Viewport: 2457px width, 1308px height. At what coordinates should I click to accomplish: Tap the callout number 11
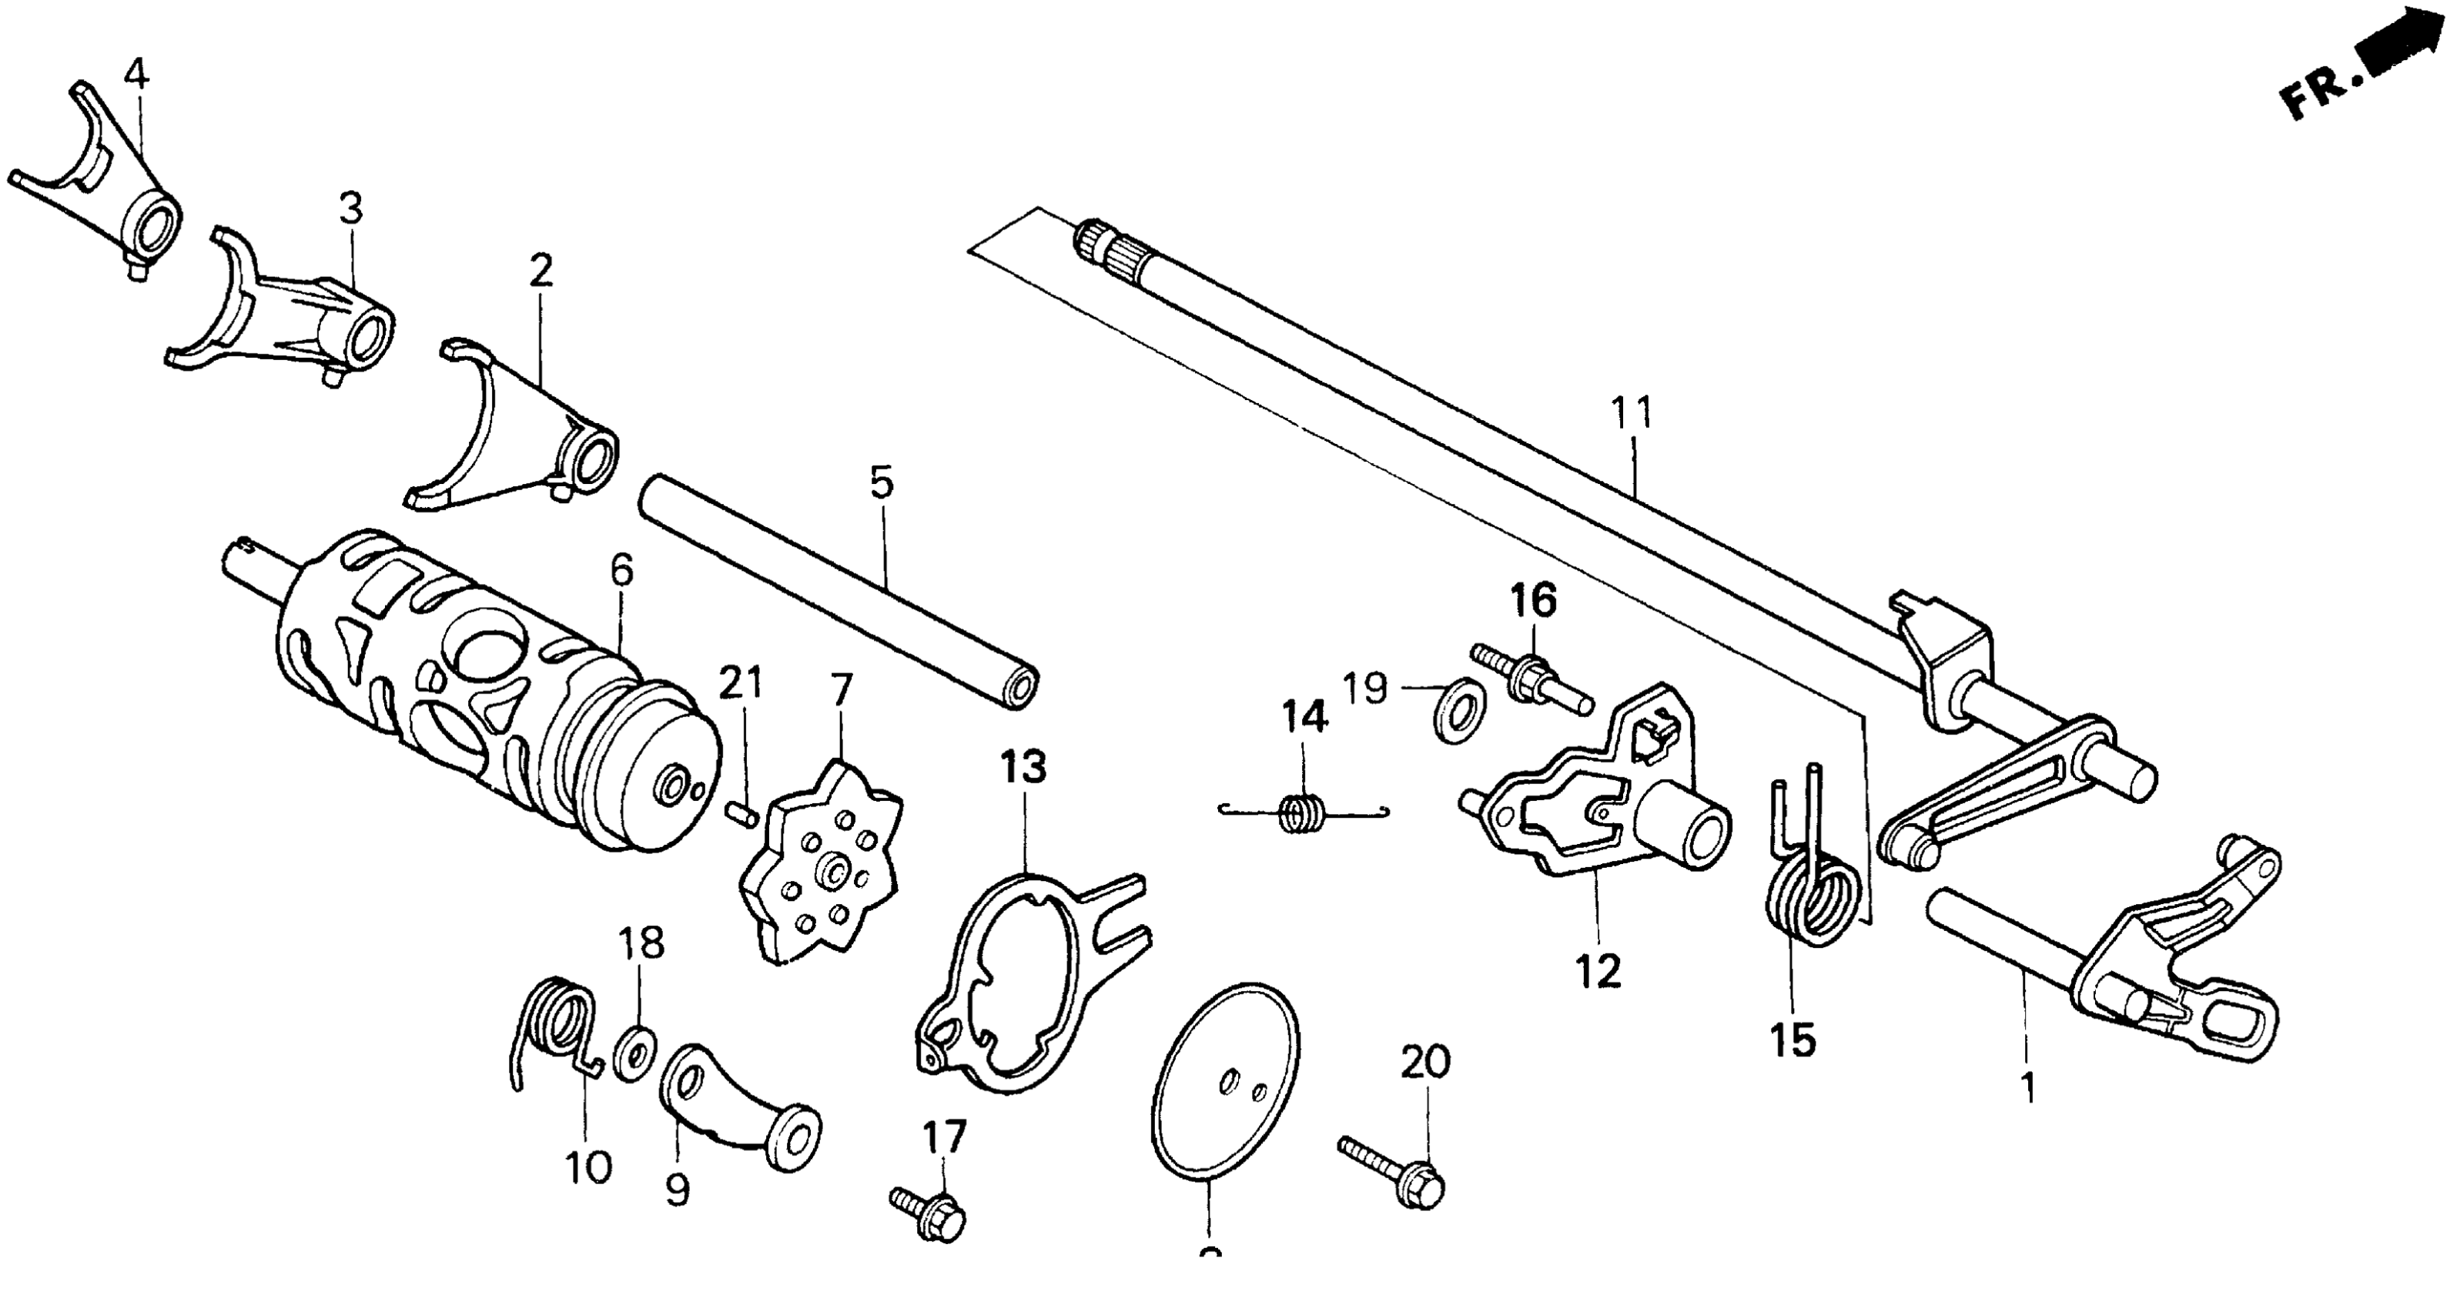(1631, 414)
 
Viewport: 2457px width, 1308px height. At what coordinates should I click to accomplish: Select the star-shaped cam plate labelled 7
(822, 862)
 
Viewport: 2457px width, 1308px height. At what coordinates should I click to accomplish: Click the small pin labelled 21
(741, 813)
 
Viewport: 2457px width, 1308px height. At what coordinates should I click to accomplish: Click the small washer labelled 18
(634, 1053)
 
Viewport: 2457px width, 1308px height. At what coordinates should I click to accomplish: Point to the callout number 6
(621, 571)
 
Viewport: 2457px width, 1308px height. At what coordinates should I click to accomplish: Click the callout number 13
(1023, 767)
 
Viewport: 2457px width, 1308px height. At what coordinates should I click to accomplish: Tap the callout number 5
(882, 482)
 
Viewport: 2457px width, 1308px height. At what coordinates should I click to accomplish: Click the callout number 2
(540, 272)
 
